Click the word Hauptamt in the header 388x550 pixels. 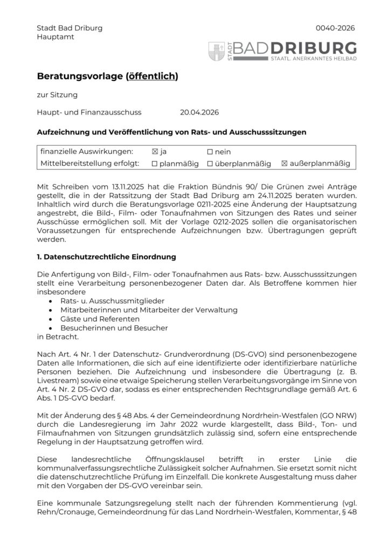[56, 37]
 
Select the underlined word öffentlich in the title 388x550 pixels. [151, 77]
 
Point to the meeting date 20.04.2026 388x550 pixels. [199, 112]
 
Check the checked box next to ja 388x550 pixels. [155, 152]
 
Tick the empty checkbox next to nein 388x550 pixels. [210, 152]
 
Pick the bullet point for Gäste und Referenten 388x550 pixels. [50, 318]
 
